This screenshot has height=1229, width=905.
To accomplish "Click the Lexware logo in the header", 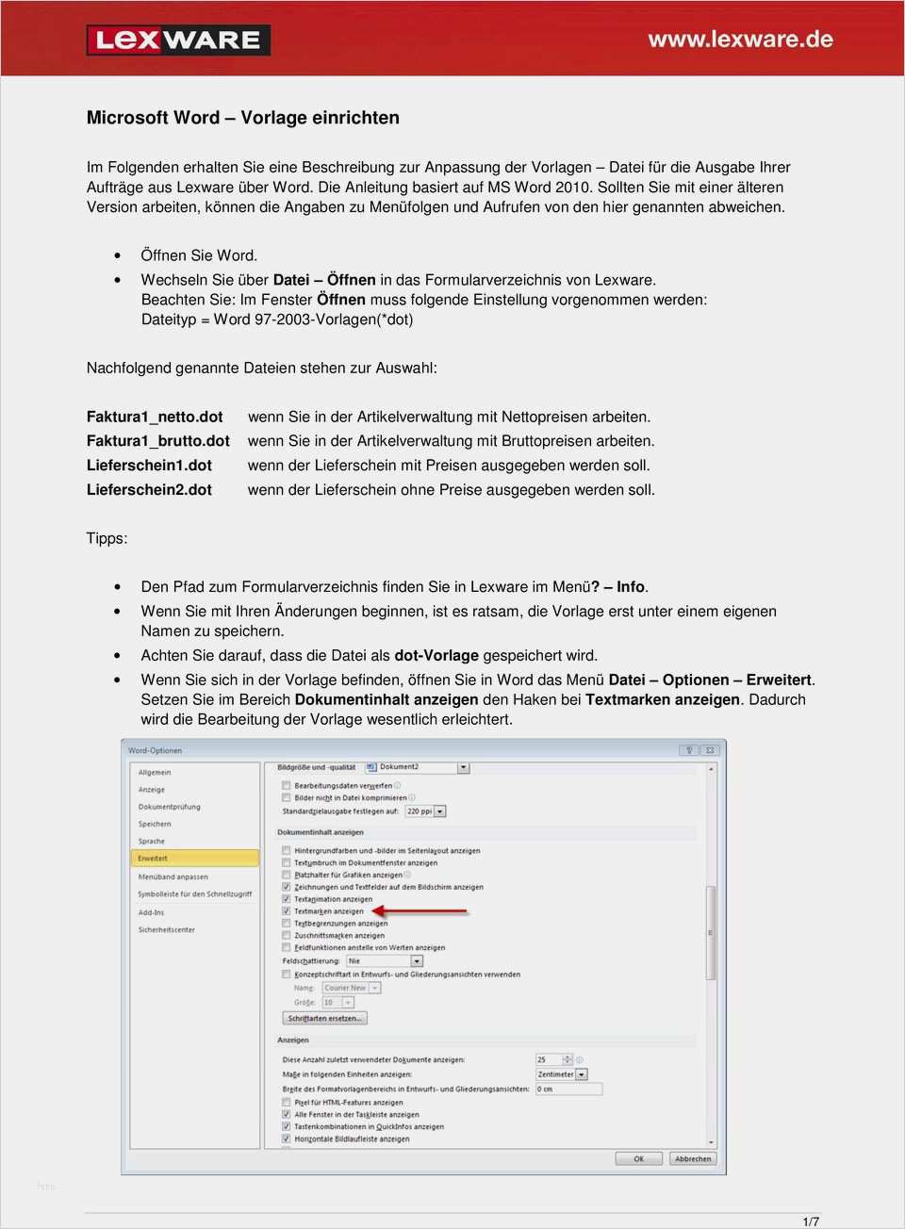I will point(178,40).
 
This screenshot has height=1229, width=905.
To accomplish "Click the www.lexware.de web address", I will point(740,40).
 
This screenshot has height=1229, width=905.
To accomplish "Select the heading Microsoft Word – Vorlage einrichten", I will point(242,118).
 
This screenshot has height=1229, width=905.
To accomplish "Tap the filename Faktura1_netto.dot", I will point(155,417).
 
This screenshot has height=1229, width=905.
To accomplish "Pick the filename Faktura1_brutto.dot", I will point(157,441).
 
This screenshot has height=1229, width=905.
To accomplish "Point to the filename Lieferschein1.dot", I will point(149,466).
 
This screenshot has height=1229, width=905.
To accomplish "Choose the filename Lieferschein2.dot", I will point(149,490).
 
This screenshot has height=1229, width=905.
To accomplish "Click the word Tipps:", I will point(107,538).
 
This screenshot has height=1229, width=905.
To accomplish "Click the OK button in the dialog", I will point(638,1158).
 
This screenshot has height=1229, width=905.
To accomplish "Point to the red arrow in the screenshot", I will point(420,911).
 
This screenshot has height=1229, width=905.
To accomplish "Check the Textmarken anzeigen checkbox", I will point(287,911).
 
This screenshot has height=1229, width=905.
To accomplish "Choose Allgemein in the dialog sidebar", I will point(155,773).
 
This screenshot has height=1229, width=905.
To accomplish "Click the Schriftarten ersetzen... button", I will point(324,1018).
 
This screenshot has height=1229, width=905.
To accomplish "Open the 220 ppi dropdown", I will point(425,811).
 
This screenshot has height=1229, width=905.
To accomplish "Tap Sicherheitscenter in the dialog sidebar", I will point(167,929).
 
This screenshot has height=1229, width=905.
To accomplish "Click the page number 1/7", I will point(810,1221).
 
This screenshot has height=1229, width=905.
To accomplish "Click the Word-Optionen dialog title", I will point(155,751).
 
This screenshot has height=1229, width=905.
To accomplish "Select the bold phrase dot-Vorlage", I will point(436,656).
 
